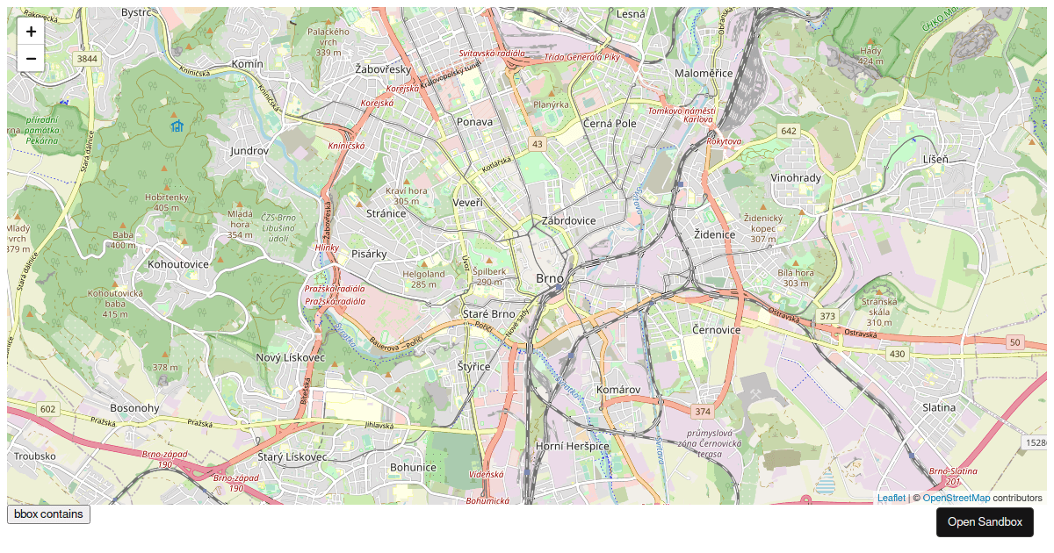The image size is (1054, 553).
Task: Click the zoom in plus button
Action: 31,32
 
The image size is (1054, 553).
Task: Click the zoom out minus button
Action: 31,59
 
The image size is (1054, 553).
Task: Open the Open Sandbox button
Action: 985,521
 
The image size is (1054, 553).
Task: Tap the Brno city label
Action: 549,279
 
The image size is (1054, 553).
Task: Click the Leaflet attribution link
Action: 891,498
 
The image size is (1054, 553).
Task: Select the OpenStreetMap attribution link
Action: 956,498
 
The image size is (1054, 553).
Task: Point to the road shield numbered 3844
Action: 87,59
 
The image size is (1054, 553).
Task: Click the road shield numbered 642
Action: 788,131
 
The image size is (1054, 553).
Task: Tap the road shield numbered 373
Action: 827,316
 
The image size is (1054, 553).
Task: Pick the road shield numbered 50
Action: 1015,342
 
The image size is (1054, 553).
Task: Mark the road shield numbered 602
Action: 47,409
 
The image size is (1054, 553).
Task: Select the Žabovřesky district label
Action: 383,68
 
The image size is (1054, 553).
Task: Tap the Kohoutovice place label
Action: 178,263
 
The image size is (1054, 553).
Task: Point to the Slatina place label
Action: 939,407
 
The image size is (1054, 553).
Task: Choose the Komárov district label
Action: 618,389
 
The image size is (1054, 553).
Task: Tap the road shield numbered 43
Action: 537,143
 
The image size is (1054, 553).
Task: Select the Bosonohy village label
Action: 134,408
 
